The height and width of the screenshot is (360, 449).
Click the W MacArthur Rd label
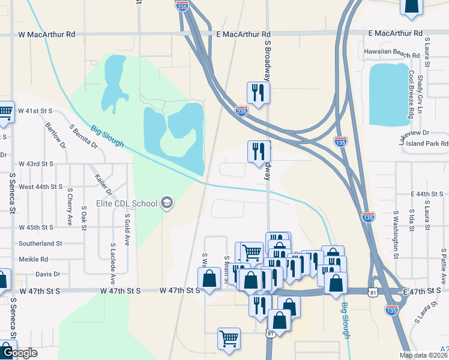click(x=47, y=35)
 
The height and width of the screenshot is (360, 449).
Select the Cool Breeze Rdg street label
click(x=412, y=93)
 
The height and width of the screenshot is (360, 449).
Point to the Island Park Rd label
click(x=428, y=144)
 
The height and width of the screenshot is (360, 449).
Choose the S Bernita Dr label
click(x=83, y=136)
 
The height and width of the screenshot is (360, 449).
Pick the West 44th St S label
click(x=40, y=187)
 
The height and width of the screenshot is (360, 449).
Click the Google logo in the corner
click(x=19, y=353)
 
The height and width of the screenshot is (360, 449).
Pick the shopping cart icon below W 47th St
click(x=229, y=340)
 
